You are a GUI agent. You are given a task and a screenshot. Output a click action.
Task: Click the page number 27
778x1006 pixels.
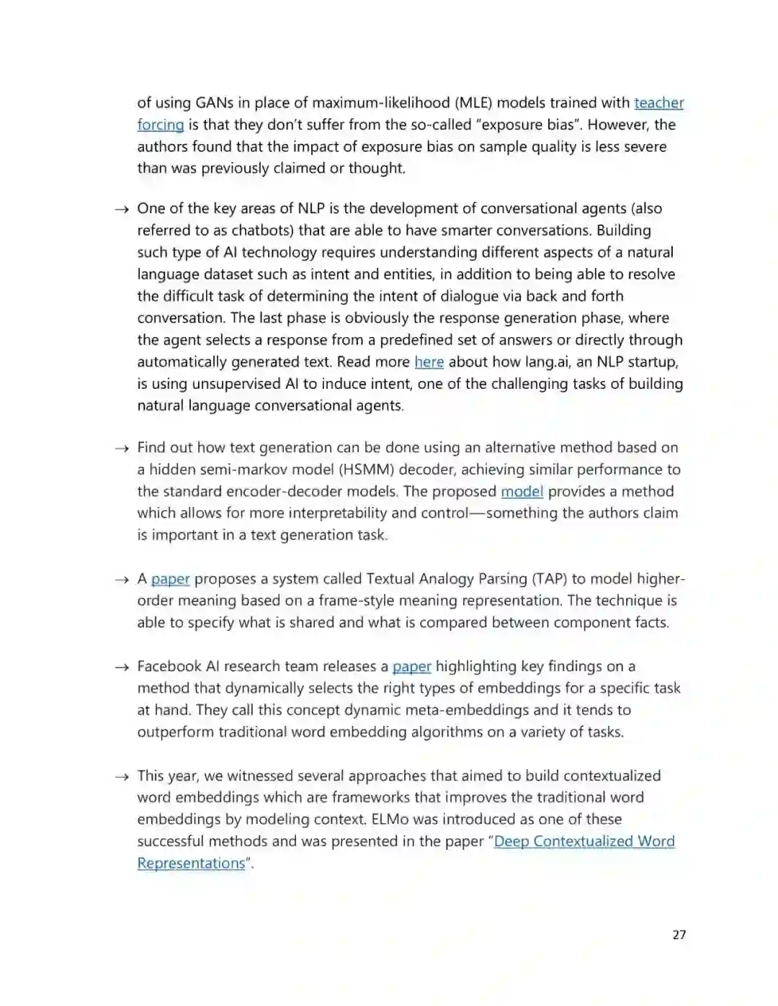point(679,935)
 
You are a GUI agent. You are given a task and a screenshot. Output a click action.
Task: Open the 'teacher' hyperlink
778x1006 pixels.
point(658,103)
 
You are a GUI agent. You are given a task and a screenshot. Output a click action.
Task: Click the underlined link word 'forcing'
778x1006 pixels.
point(161,125)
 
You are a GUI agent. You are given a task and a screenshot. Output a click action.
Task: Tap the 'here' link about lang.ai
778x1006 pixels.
point(429,361)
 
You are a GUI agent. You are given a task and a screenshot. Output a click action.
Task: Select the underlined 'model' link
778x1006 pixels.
point(522,491)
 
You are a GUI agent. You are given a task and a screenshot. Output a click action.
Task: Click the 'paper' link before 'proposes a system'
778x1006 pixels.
point(170,579)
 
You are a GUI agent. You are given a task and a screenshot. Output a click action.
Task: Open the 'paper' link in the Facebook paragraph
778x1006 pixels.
point(411,666)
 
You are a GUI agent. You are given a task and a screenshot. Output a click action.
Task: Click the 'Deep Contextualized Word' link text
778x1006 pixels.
point(584,841)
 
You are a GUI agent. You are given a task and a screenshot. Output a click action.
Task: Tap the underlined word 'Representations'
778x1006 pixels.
point(191,863)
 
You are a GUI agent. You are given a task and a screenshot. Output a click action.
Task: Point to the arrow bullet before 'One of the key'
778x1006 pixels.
point(121,210)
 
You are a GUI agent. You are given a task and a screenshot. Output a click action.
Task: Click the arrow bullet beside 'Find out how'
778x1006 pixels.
point(121,449)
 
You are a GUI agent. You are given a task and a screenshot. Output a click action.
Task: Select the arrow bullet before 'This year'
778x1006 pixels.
point(121,777)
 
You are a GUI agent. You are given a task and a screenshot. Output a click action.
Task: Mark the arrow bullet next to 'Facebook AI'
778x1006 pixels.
point(121,668)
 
